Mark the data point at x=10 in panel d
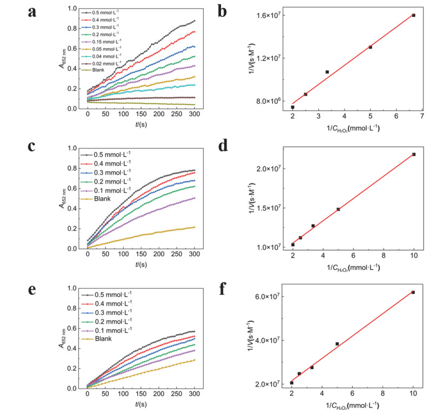(x=414, y=154)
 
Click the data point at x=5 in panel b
(x=370, y=47)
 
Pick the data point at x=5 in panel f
(x=337, y=344)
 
